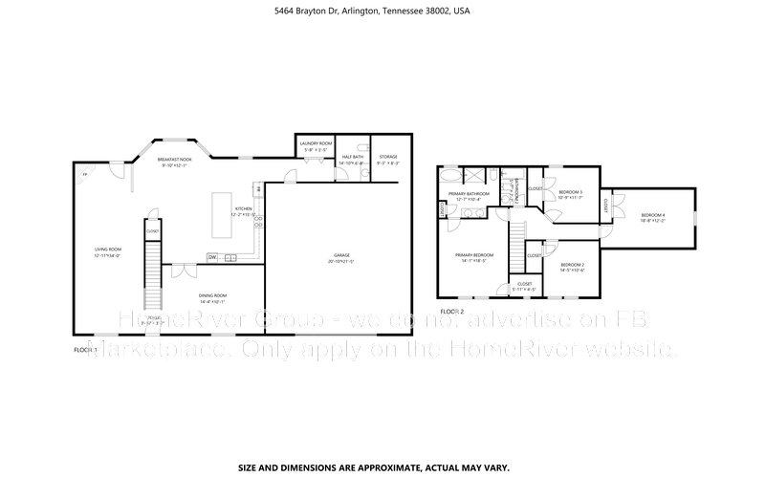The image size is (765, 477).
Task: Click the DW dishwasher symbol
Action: (x=212, y=256)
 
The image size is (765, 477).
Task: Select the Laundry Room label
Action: (x=316, y=145)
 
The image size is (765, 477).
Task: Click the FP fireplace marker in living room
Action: (x=83, y=176)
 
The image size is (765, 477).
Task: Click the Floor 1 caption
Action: (x=86, y=351)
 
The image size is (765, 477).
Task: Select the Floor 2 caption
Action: (x=451, y=312)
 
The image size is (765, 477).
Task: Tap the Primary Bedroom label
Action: (x=474, y=255)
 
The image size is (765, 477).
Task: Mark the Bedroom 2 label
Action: (x=572, y=266)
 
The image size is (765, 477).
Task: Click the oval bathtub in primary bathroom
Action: (x=450, y=177)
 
